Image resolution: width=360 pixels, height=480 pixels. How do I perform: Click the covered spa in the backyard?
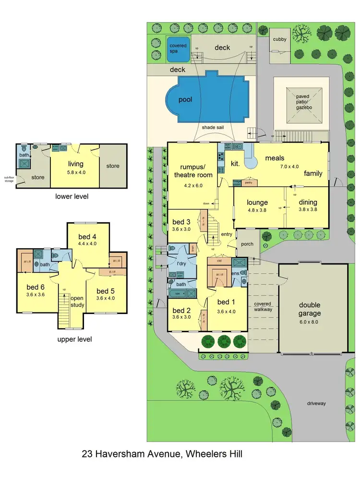178,48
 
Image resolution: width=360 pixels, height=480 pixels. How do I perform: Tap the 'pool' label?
185,99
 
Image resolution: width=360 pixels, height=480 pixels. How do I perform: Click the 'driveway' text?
316,403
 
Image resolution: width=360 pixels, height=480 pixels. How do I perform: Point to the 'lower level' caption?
72,196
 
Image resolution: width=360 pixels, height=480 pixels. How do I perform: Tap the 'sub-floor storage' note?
9,180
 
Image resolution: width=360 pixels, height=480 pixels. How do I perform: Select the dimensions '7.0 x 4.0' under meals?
275,167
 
